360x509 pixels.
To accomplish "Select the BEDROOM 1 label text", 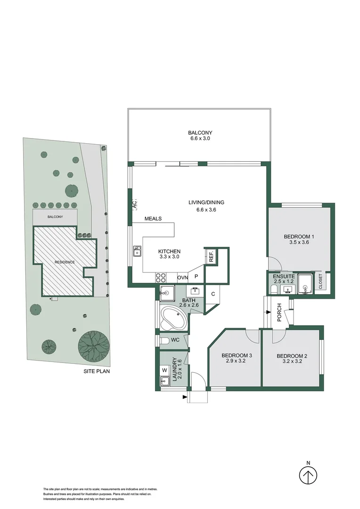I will coord(299,237).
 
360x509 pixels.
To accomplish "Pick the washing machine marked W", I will coord(164,370).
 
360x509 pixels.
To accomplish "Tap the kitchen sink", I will coord(137,251).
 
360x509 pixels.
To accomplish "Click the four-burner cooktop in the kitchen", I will coord(161,277).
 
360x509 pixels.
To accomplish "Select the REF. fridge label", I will coord(212,256).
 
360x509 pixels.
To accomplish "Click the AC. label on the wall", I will coord(134,205).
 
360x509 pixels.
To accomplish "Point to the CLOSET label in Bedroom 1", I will coord(321,281).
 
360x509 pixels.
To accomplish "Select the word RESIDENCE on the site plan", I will coord(65,262).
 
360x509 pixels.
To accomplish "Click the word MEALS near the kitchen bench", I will coord(153,219).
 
